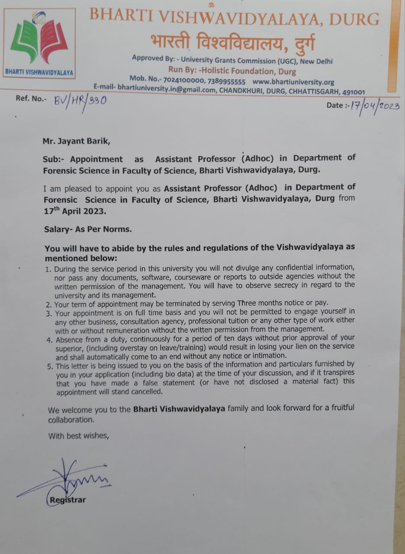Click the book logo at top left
tap(39, 41)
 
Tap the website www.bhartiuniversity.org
tap(293, 82)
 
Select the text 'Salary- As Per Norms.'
tap(87, 230)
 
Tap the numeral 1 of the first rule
tap(48, 269)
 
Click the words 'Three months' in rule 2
tap(259, 303)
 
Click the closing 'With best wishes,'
tap(78, 436)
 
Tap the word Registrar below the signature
tap(68, 500)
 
